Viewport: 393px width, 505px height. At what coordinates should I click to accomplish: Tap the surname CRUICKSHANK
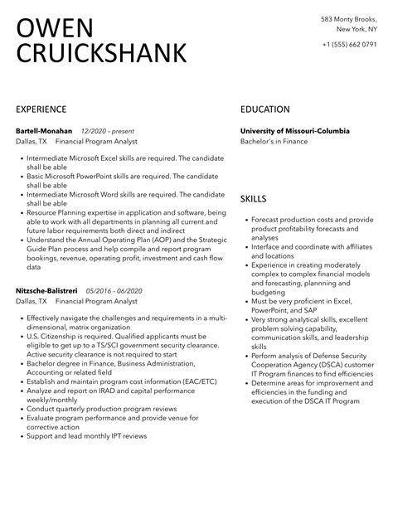100,54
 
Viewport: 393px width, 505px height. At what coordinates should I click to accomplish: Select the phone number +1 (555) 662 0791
348,44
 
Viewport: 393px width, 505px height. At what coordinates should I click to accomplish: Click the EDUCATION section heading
265,109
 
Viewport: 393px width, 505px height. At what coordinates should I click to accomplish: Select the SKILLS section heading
254,199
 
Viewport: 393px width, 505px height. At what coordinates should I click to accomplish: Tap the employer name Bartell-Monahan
44,131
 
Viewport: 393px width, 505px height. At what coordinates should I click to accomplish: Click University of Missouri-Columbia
294,131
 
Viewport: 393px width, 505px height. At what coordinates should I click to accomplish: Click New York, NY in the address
359,27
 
